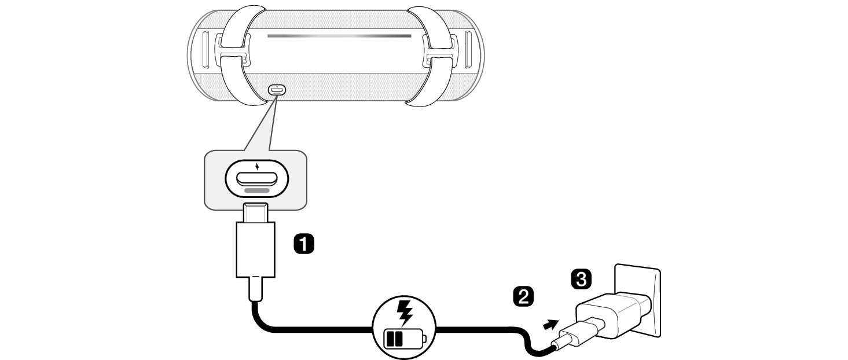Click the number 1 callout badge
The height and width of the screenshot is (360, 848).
(x=304, y=244)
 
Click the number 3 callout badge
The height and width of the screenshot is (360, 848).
(x=581, y=279)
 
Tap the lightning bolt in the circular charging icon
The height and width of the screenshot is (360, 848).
(x=403, y=313)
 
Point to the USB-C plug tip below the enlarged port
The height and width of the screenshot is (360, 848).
(x=256, y=214)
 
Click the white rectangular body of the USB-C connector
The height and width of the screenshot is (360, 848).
(x=255, y=249)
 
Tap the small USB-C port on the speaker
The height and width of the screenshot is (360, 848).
(x=276, y=91)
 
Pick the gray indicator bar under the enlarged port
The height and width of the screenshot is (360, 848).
(x=256, y=189)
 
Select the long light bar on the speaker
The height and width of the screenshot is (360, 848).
(x=339, y=35)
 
